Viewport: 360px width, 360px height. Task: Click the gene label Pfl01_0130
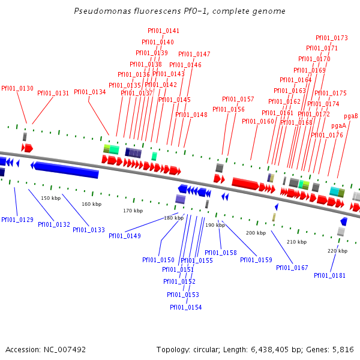pyautogui.click(x=17, y=88)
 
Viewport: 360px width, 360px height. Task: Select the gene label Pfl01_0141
pyautogui.click(x=163, y=31)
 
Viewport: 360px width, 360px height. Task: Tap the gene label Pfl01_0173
pyautogui.click(x=331, y=38)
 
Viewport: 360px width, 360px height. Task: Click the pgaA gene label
pyautogui.click(x=338, y=126)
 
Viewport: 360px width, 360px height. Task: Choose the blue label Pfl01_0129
pyautogui.click(x=17, y=220)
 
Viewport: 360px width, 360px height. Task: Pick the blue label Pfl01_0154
pyautogui.click(x=185, y=307)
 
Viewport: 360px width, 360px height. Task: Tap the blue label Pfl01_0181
pyautogui.click(x=329, y=275)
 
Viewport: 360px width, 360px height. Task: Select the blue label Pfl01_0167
pyautogui.click(x=292, y=268)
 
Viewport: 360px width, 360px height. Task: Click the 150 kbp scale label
pyautogui.click(x=50, y=197)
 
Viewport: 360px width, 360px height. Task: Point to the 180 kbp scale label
pyautogui.click(x=173, y=218)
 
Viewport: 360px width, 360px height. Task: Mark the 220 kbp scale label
pyautogui.click(x=337, y=250)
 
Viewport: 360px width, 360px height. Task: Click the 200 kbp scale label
pyautogui.click(x=256, y=232)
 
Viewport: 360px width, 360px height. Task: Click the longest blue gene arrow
pyautogui.click(x=66, y=169)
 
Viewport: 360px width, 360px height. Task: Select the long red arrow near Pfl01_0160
pyautogui.click(x=246, y=183)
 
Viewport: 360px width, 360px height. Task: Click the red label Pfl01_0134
pyautogui.click(x=90, y=92)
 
